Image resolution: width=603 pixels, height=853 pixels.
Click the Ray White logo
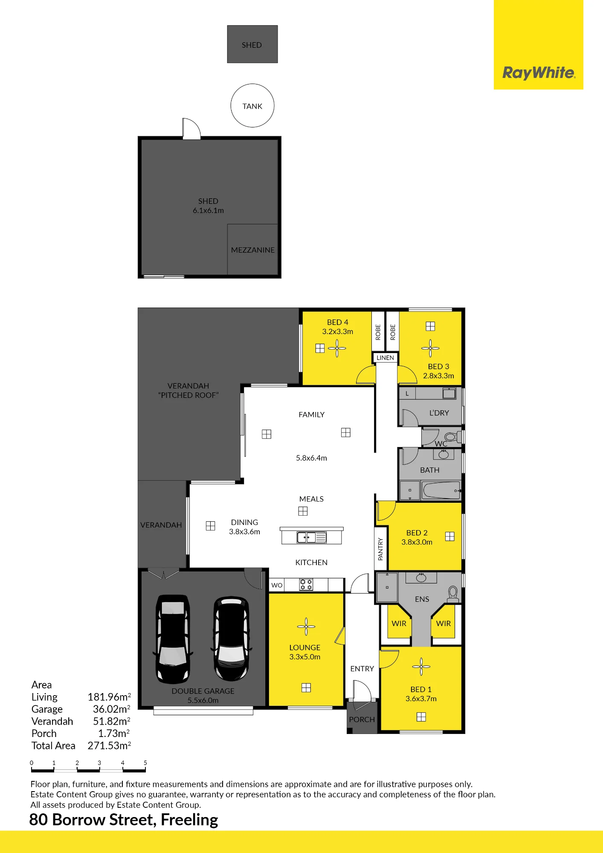tap(539, 73)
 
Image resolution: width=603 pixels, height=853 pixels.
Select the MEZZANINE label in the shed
tap(253, 250)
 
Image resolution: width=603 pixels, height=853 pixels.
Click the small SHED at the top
tap(252, 44)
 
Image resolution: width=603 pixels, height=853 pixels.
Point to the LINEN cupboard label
tap(386, 358)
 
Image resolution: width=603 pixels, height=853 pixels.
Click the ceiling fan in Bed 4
tap(337, 348)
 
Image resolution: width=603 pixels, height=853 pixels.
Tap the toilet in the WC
tap(451, 437)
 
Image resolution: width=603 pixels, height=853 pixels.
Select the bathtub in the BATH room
tap(441, 490)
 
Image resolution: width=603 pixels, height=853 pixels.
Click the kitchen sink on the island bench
tap(312, 537)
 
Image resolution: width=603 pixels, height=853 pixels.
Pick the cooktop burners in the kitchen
tap(306, 584)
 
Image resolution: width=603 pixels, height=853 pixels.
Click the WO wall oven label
tap(277, 585)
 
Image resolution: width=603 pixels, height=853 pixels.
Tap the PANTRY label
tap(380, 549)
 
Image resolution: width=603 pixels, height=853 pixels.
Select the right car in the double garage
tap(231, 638)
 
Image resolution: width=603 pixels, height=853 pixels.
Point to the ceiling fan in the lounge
tap(306, 627)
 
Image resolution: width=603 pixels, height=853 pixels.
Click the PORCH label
tap(362, 720)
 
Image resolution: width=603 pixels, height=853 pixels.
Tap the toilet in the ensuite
tap(453, 594)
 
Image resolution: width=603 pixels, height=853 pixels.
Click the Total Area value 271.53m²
tap(109, 746)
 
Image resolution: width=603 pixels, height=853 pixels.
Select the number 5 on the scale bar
tap(145, 763)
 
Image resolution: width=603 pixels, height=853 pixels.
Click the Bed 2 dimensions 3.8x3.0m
tap(417, 542)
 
